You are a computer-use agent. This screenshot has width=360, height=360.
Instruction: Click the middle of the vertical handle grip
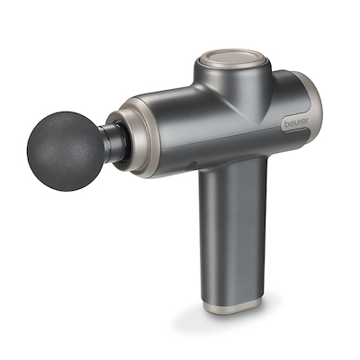coord(230,234)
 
